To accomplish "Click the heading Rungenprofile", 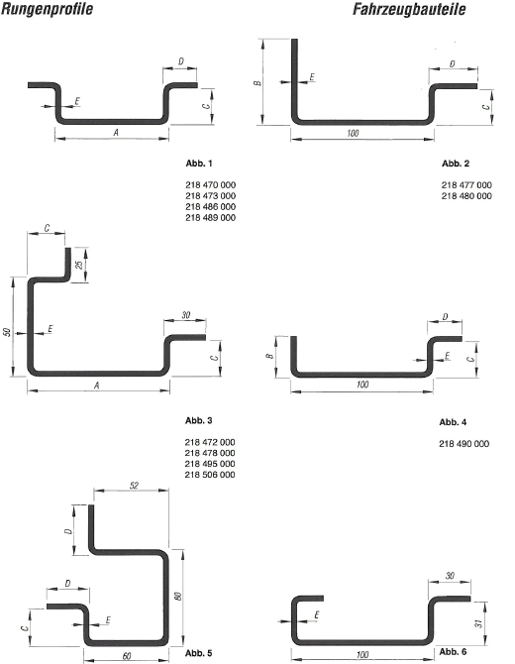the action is point(47,9).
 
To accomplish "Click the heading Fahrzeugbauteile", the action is point(409,9).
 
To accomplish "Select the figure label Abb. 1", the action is point(199,164).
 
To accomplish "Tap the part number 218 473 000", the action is point(210,196).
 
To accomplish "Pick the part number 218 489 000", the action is point(210,218).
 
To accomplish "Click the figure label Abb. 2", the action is point(456,164).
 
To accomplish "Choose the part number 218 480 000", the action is point(466,196).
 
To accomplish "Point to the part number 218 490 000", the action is point(464,444).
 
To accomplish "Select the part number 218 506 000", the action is point(210,475).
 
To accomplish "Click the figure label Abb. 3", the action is point(198,420).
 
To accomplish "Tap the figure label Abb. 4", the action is point(453,422).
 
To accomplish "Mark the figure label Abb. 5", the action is point(198,653).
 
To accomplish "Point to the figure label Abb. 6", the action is point(453,651).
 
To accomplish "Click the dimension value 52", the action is point(134,486).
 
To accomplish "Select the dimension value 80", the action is point(178,596).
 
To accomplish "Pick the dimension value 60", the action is point(127,656).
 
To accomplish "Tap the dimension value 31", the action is point(478,623).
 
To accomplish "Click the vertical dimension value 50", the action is point(6,332).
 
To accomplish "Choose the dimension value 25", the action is point(79,265).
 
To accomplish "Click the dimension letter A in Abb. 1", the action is point(116,133).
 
